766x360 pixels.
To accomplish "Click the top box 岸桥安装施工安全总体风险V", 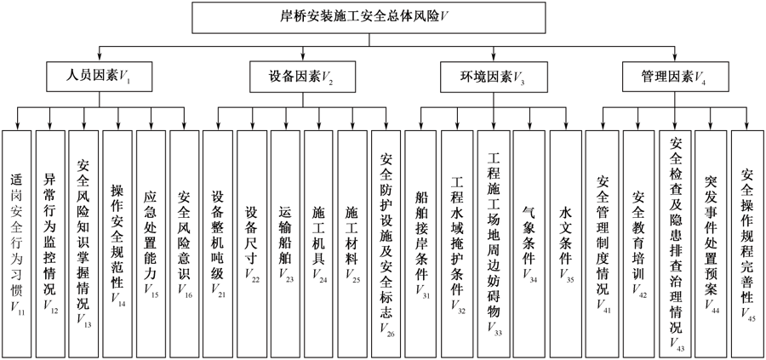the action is point(369,18).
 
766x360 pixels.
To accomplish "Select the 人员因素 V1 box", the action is point(100,77).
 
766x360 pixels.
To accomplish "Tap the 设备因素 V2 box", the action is point(302,77).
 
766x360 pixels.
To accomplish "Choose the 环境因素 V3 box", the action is point(493,77).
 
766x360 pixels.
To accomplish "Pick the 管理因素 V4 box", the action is point(675,77).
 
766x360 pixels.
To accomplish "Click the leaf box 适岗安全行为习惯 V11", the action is point(17,243).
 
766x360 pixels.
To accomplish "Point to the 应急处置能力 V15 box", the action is point(151,243).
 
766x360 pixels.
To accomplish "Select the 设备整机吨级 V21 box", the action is point(218,243).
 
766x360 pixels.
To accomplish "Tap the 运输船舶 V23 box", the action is point(286,243).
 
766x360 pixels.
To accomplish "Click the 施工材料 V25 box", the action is point(352,243).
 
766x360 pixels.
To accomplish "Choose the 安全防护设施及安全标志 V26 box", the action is point(386,243).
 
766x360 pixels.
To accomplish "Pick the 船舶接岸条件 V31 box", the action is point(420,243).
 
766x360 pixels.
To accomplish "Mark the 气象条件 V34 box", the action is point(529,243).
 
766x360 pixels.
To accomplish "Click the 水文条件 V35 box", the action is point(566,243).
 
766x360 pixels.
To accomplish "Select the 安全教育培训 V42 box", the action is point(638,243).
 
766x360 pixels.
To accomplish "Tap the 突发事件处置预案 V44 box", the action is point(711,243).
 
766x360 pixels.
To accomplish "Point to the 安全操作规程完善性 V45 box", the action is point(747,243).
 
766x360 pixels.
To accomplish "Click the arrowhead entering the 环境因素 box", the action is point(493,59).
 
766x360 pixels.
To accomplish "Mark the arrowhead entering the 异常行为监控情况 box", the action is point(50,127).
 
